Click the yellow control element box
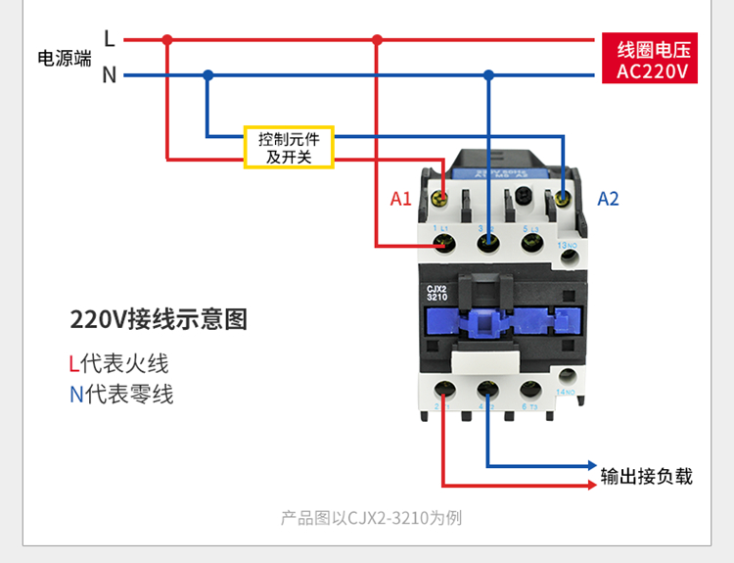click(x=289, y=147)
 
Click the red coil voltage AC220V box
click(x=653, y=61)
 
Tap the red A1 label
click(x=401, y=199)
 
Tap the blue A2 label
click(x=608, y=199)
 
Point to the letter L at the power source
click(x=110, y=40)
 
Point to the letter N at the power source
click(x=110, y=75)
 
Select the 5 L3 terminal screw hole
click(x=531, y=241)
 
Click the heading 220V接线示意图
click(x=159, y=319)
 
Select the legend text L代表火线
click(x=118, y=364)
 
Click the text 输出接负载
click(x=647, y=477)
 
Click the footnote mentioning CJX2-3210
click(x=371, y=518)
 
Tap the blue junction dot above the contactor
click(x=488, y=74)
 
